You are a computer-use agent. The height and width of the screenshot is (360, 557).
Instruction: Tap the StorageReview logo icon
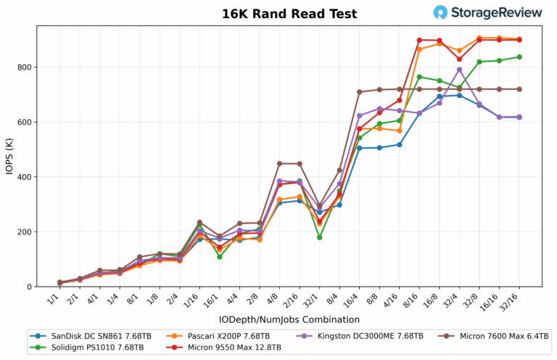[x=440, y=12]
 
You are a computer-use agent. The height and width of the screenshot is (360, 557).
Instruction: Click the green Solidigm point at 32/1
[x=320, y=237]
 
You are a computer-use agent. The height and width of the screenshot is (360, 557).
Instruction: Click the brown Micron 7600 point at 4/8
[x=280, y=163]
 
